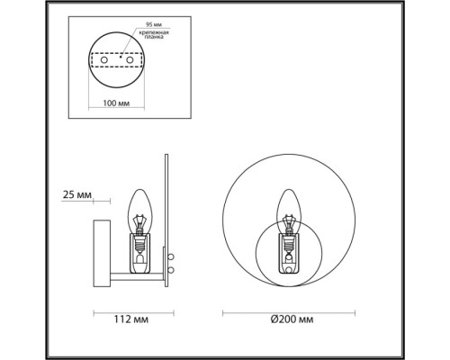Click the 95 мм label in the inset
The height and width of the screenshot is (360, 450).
click(153, 24)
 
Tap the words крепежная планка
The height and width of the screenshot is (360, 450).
click(154, 34)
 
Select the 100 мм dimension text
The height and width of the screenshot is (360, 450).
click(116, 103)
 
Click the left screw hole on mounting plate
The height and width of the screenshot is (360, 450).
click(104, 60)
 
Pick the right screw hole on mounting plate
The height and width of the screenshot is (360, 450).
click(130, 60)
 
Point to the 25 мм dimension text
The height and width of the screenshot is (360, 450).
click(77, 194)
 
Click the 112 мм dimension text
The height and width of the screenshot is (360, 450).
click(131, 319)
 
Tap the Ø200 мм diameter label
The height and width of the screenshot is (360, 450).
click(292, 319)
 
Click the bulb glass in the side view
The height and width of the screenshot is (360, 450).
click(140, 210)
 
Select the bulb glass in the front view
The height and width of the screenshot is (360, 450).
click(289, 210)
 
